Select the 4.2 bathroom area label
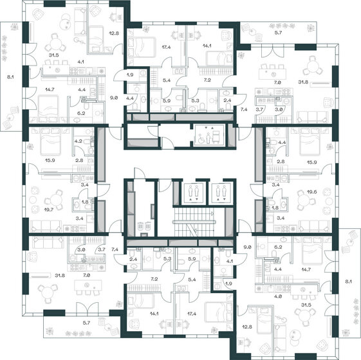tap(78, 139)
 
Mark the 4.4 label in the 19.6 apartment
tap(282, 141)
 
